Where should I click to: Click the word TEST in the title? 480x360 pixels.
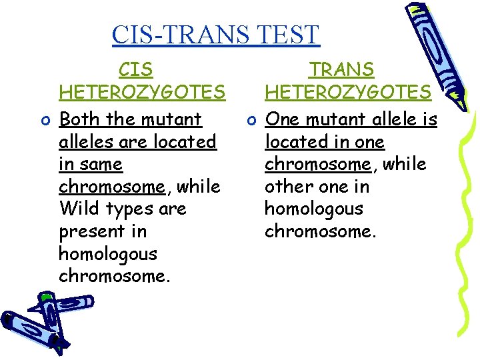click(x=289, y=34)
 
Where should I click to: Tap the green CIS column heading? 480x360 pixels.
click(x=135, y=69)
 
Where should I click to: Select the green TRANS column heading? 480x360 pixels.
click(x=341, y=69)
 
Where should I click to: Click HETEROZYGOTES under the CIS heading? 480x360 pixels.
click(x=142, y=91)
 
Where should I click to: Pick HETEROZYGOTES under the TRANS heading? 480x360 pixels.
click(x=347, y=91)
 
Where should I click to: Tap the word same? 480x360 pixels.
click(x=101, y=164)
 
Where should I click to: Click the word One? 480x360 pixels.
click(x=282, y=119)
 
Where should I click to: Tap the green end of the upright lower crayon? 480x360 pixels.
click(x=47, y=295)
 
